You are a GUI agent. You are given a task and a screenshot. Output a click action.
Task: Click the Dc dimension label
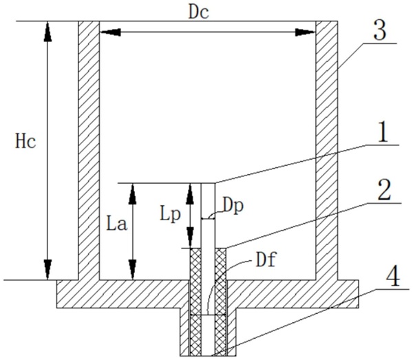click(x=199, y=12)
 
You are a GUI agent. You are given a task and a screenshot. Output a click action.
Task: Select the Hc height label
click(x=25, y=142)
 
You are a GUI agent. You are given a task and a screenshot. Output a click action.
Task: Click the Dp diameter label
click(x=233, y=207)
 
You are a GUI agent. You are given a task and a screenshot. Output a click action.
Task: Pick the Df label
click(x=266, y=260)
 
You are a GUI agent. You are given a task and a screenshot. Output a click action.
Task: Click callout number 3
click(x=379, y=30)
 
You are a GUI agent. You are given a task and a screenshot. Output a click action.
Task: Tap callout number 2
click(x=384, y=190)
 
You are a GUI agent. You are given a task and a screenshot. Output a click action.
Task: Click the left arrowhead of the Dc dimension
click(x=110, y=32)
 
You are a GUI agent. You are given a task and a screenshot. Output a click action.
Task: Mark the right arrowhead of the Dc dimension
click(x=305, y=32)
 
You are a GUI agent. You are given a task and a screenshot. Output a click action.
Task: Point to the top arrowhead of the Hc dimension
click(x=47, y=32)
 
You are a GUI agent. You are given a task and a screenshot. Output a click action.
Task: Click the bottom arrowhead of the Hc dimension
click(x=47, y=269)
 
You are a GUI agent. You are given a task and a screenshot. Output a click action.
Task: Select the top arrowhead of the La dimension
click(x=132, y=194)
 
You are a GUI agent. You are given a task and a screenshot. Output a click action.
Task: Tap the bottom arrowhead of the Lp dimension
click(x=190, y=237)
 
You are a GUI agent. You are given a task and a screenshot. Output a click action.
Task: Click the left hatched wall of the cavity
click(x=89, y=150)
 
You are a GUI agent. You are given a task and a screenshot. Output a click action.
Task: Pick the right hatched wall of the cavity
click(x=327, y=150)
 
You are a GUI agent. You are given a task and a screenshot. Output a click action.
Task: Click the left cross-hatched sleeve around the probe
click(x=195, y=301)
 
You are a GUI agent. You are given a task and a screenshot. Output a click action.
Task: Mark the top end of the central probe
click(x=208, y=183)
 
